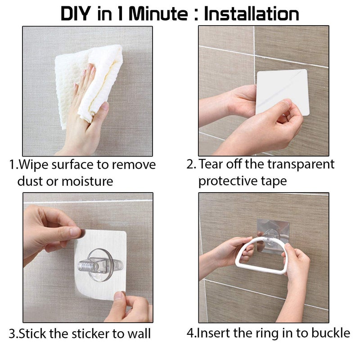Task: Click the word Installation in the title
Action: point(252,13)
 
